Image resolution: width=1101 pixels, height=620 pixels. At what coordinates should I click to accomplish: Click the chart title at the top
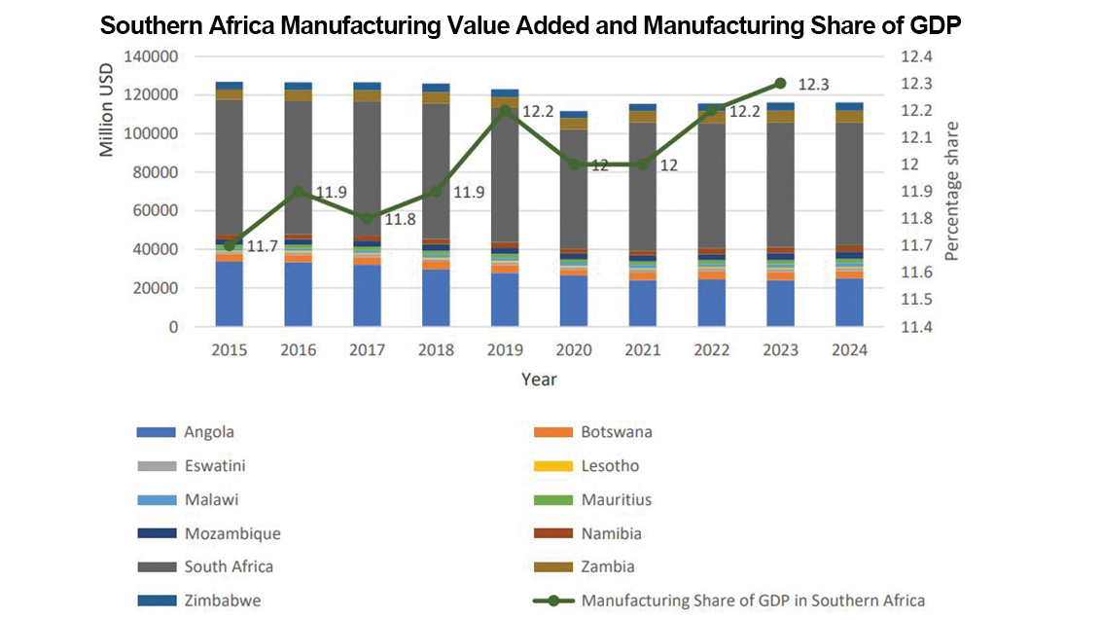click(531, 26)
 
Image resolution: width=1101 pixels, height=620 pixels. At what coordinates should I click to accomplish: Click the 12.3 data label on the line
click(812, 85)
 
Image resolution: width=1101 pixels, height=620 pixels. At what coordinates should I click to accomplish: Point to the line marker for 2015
click(230, 245)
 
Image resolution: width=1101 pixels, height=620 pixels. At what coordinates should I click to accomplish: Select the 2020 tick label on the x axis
click(574, 350)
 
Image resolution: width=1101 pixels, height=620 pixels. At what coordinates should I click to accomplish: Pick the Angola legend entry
click(209, 432)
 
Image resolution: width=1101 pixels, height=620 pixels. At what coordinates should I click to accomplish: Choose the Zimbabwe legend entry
click(222, 601)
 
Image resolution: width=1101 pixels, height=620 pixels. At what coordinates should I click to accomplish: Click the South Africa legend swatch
click(156, 566)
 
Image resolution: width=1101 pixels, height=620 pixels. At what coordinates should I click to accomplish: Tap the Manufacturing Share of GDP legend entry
click(752, 601)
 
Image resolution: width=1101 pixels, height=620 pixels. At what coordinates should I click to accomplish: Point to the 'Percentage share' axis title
click(952, 191)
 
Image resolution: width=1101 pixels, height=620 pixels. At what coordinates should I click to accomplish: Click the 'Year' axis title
click(538, 380)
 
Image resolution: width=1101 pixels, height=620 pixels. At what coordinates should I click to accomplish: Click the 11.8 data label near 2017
click(400, 220)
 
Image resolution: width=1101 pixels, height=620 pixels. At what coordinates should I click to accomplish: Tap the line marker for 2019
click(505, 110)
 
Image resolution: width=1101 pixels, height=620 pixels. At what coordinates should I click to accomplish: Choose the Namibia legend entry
click(611, 533)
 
